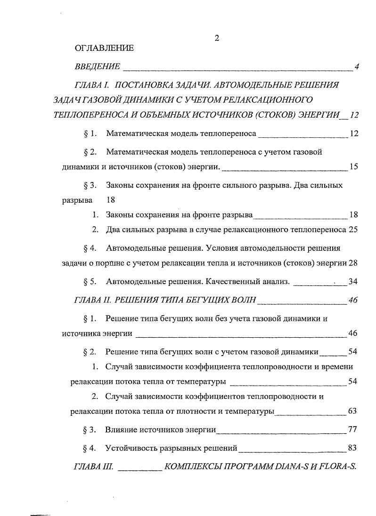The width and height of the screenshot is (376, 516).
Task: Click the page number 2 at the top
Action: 217,38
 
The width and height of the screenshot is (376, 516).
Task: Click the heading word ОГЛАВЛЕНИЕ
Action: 104,48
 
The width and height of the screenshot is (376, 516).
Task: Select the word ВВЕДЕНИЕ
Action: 98,66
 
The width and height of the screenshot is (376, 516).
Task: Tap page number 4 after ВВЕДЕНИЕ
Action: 357,66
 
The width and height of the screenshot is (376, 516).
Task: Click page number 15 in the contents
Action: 354,167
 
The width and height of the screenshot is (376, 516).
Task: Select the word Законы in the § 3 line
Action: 120,185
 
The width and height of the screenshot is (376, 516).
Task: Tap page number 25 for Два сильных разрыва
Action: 354,230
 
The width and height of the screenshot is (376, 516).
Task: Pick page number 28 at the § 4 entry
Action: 354,262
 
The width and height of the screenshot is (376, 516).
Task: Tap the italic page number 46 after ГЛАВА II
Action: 353,300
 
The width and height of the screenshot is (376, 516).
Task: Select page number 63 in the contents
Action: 353,411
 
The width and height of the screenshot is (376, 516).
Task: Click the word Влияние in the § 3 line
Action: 121,429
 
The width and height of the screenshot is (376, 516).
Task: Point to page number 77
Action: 352,429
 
